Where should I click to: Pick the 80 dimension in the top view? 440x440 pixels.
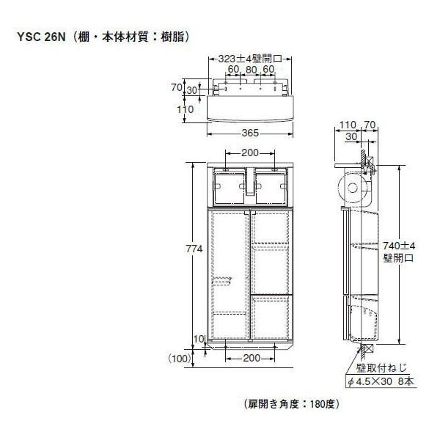pos(252,70)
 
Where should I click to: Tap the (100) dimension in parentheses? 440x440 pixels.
pos(179,358)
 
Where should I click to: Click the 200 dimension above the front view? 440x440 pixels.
pos(250,153)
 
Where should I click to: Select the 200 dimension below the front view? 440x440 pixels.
pos(250,358)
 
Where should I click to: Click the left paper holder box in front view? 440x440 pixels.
pos(230,188)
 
